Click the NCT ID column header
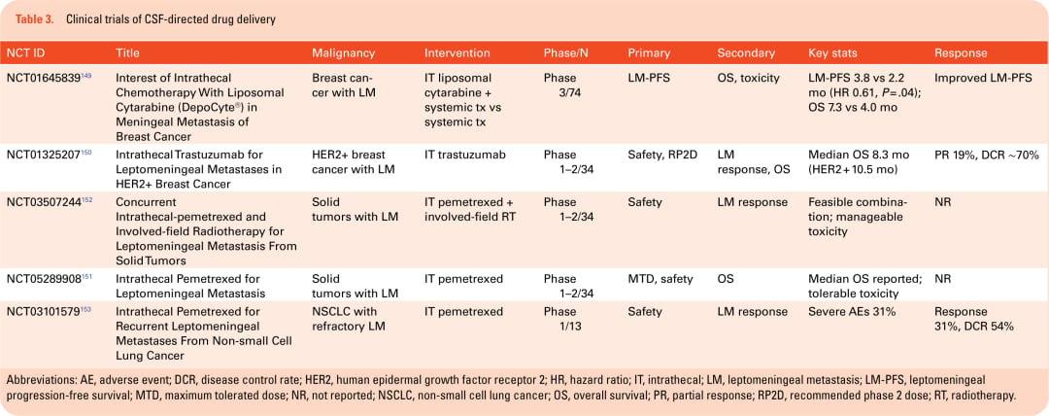pos(25,52)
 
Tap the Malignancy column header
pos(343,52)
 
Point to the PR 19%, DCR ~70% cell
pos(986,155)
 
